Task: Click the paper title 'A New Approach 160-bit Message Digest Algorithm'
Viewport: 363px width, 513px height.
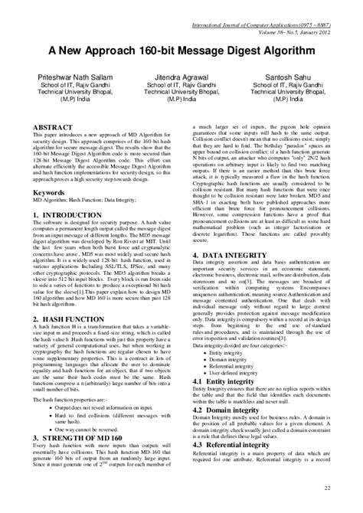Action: (181, 50)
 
